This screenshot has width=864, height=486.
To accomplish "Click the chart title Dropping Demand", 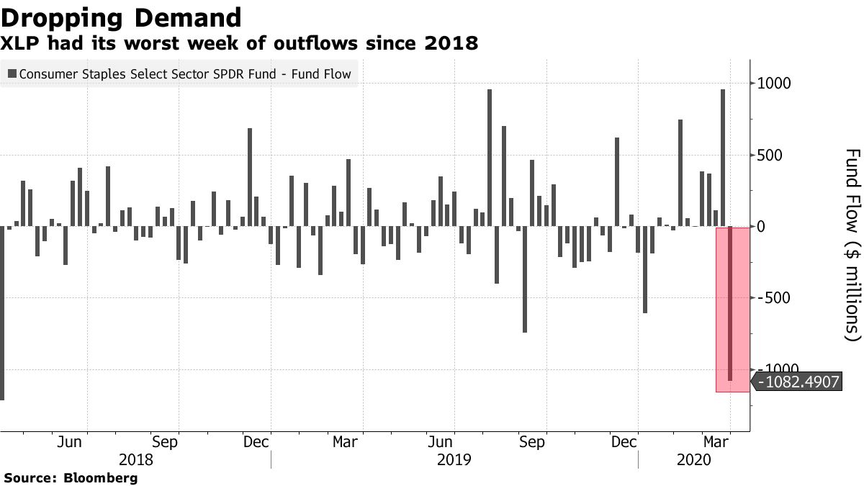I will coord(121,17).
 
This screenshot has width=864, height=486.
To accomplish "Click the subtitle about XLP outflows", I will coord(239,45).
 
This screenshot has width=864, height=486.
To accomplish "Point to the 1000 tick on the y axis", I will coord(773,84).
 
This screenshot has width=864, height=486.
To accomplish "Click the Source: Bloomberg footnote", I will coord(71,477).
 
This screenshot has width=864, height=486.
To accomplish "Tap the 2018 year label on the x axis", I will coord(135,459).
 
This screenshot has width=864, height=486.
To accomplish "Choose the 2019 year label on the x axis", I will coord(454,459).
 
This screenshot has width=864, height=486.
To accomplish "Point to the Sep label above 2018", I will coord(164,443).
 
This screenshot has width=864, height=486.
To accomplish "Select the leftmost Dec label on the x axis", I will coord(256,443).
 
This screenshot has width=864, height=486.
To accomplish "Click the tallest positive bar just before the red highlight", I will coord(723,158).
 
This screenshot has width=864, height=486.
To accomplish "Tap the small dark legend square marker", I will coord(12,74).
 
